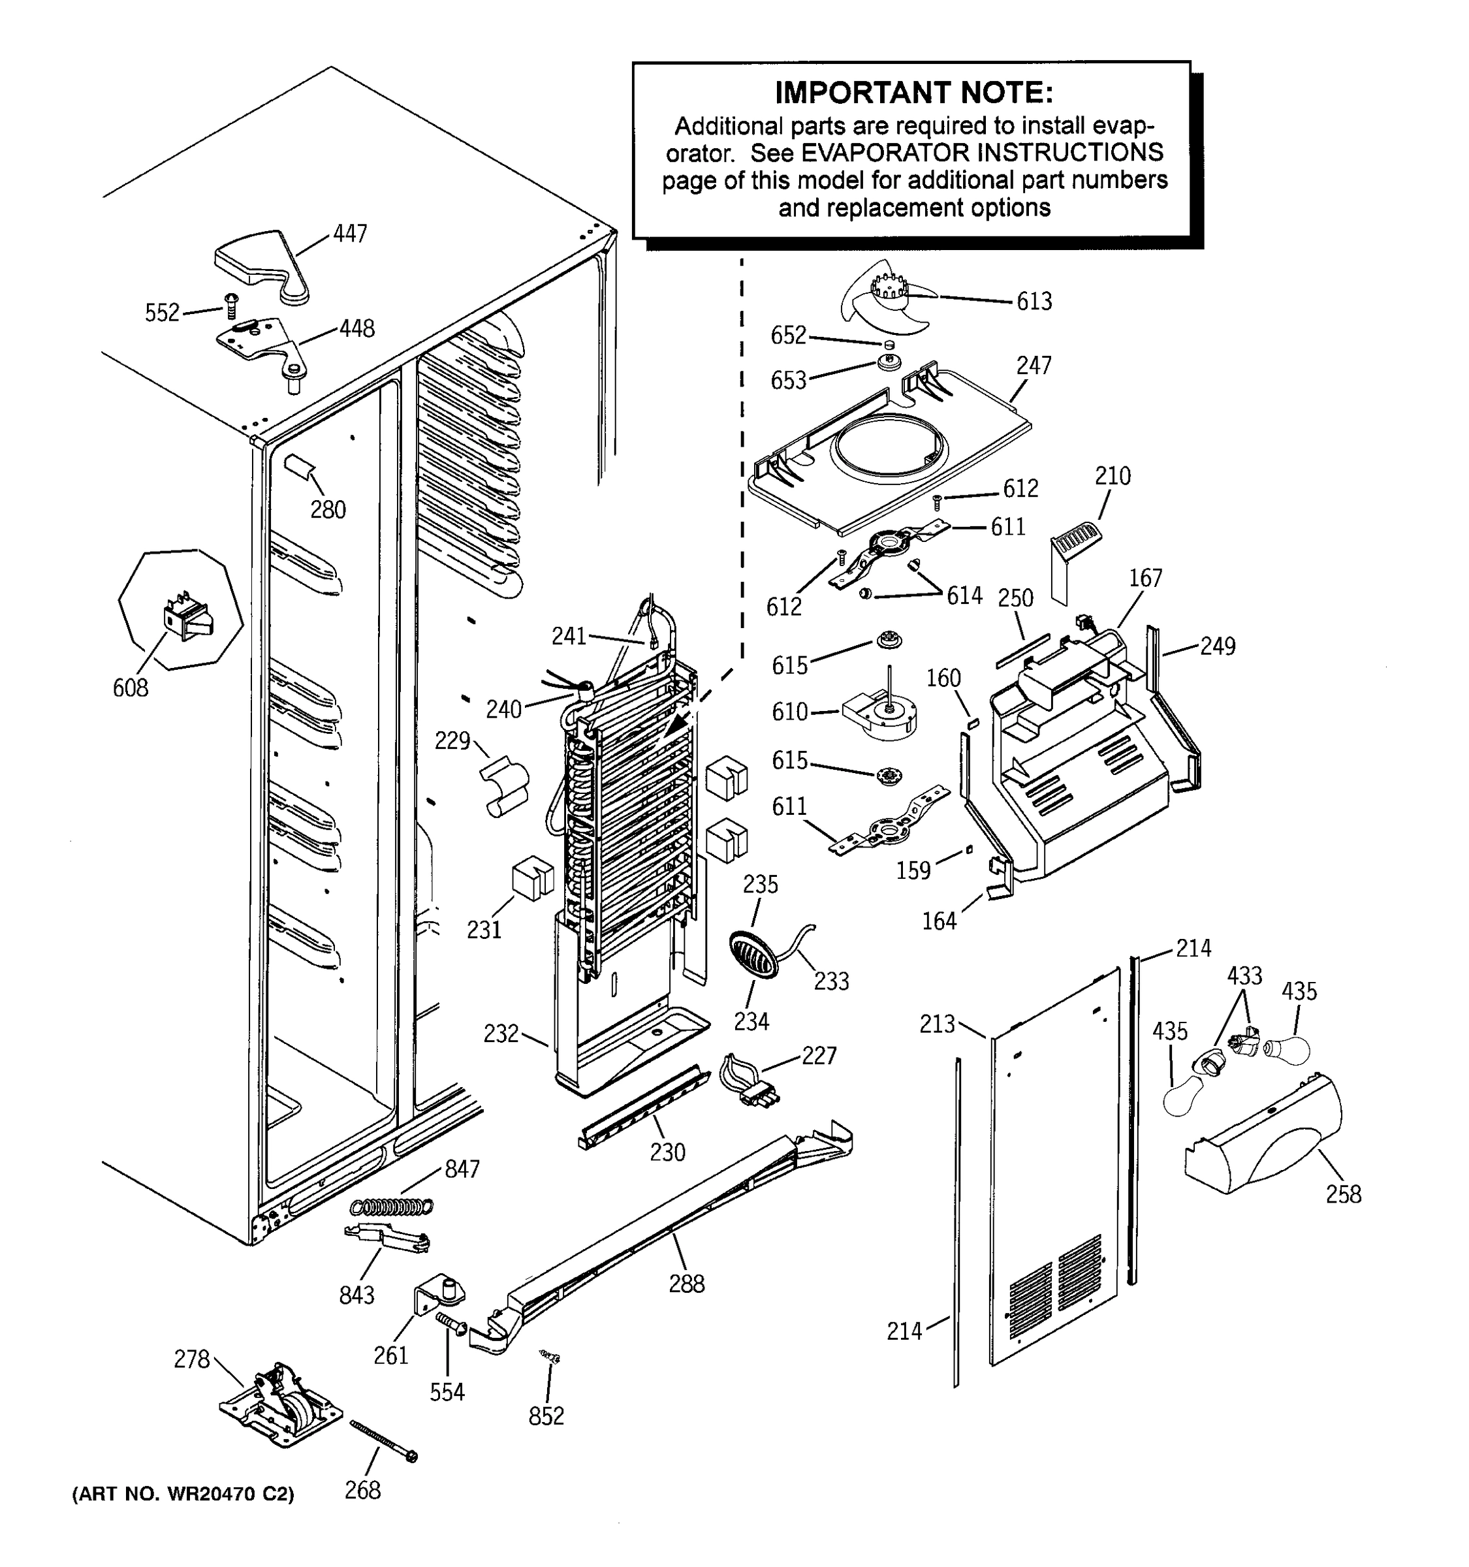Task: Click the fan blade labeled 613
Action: tap(883, 300)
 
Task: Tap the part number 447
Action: tap(350, 234)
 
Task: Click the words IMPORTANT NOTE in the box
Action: tap(913, 93)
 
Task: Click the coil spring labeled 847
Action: tap(392, 1207)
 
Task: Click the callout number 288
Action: tap(686, 1284)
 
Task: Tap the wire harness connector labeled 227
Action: tap(749, 1080)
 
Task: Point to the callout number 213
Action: tap(937, 1024)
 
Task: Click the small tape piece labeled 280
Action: tap(300, 467)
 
